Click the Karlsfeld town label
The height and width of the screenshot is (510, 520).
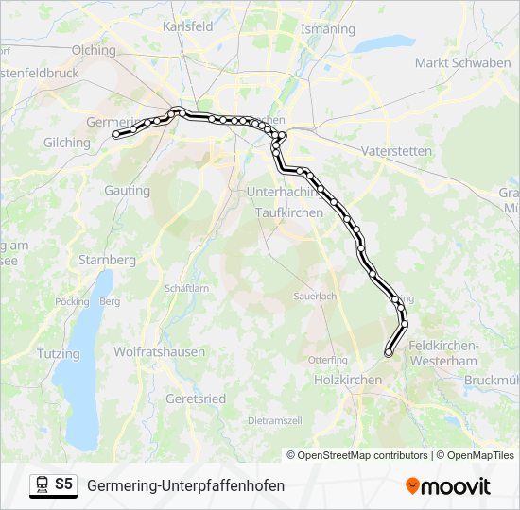click(188, 27)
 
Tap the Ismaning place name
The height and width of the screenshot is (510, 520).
click(327, 29)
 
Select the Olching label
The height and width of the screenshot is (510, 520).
click(93, 50)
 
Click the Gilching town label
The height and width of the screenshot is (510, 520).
click(66, 143)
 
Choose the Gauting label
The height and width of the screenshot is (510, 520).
click(127, 190)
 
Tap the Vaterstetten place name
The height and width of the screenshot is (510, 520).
click(396, 151)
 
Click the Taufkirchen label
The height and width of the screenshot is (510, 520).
click(289, 213)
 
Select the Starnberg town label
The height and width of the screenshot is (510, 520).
click(108, 260)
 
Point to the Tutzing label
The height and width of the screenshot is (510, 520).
click(32, 353)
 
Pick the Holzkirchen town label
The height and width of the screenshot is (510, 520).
click(347, 380)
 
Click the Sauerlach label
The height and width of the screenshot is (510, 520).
click(315, 296)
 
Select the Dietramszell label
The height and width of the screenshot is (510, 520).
click(275, 419)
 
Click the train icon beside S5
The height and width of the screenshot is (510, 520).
click(42, 485)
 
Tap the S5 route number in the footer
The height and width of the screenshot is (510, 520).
click(63, 484)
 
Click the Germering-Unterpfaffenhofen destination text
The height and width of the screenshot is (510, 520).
click(185, 485)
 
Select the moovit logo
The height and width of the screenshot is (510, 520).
click(448, 485)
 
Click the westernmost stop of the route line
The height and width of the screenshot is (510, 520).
click(117, 135)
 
